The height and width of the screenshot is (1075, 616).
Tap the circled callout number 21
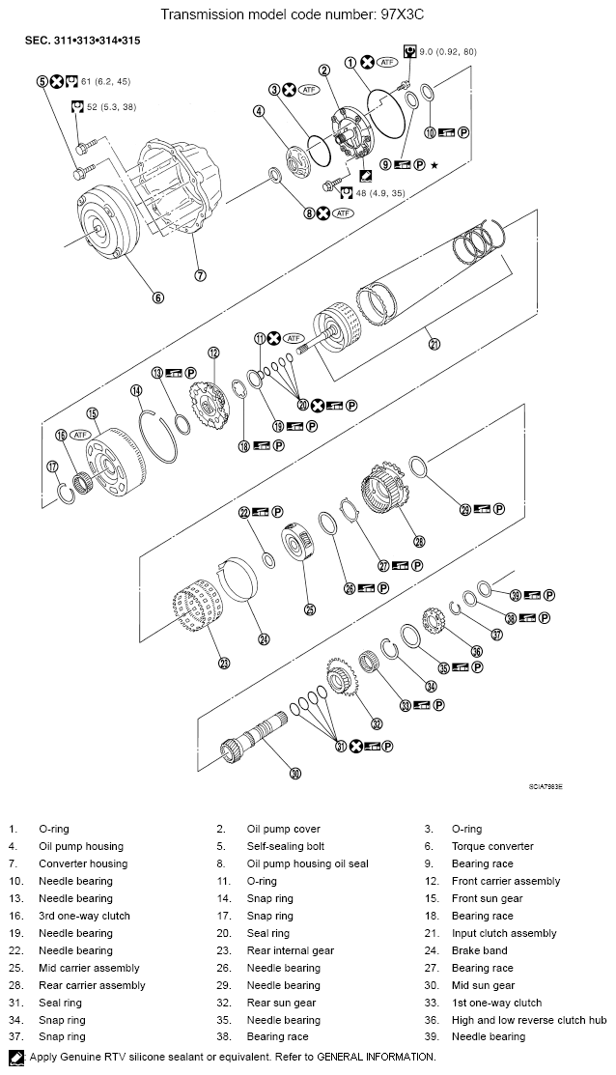[434, 344]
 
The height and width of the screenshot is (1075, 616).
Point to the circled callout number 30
[295, 772]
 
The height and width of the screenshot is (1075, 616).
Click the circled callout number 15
[93, 414]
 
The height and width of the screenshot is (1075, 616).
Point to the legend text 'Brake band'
[479, 950]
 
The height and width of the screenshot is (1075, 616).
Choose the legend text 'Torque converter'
[491, 846]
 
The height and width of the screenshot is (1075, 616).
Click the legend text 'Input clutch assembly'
[503, 933]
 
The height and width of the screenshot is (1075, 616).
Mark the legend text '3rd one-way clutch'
[84, 916]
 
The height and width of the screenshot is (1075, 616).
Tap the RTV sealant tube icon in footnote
[15, 1057]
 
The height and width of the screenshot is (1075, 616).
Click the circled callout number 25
[310, 609]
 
